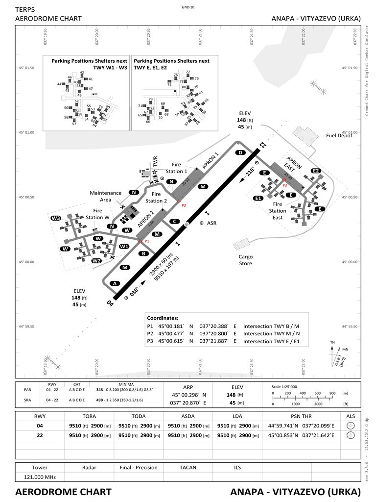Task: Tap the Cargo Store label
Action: [245, 260]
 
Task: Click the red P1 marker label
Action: [146, 242]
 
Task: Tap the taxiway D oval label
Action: [240, 152]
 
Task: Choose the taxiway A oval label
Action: [115, 283]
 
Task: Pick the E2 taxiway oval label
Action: [316, 171]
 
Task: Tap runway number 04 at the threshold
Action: [111, 303]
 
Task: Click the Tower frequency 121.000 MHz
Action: [40, 477]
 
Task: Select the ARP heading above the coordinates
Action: [188, 386]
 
